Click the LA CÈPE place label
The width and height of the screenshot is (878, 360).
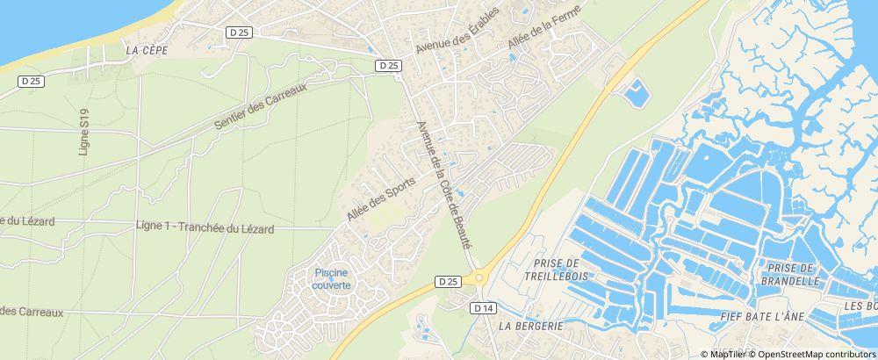click(x=146, y=51)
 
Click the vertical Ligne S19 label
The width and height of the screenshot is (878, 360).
click(x=85, y=133)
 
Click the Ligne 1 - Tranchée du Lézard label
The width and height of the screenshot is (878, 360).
click(x=205, y=227)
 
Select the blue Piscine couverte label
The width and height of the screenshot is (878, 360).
click(x=333, y=279)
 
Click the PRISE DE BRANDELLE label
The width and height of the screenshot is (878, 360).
click(x=793, y=275)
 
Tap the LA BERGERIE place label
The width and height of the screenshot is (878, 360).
click(x=529, y=325)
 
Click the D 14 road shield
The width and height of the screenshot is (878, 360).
click(x=483, y=308)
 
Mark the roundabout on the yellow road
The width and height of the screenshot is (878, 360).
click(x=479, y=278)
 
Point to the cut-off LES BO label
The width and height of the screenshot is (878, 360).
click(x=860, y=306)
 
